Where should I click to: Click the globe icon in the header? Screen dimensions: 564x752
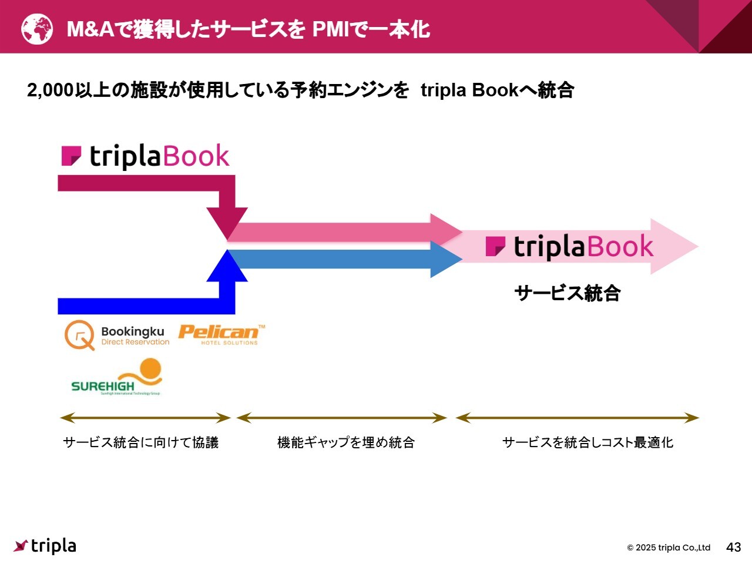[37, 29]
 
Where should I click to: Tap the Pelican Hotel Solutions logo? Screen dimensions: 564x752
[221, 334]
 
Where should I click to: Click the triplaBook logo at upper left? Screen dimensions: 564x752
[145, 156]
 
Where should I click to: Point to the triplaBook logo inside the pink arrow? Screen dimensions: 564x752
[569, 247]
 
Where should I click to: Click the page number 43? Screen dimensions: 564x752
[733, 547]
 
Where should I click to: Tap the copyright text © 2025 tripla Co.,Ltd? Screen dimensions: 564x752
[668, 548]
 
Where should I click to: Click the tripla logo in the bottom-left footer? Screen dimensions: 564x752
[45, 546]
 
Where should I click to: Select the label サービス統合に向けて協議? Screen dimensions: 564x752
[140, 442]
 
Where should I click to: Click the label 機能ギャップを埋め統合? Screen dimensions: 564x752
[345, 442]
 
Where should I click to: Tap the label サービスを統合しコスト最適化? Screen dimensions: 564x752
[587, 442]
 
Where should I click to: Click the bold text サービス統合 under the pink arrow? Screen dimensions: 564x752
[567, 293]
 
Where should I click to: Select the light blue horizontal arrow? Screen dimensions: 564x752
[341, 259]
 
